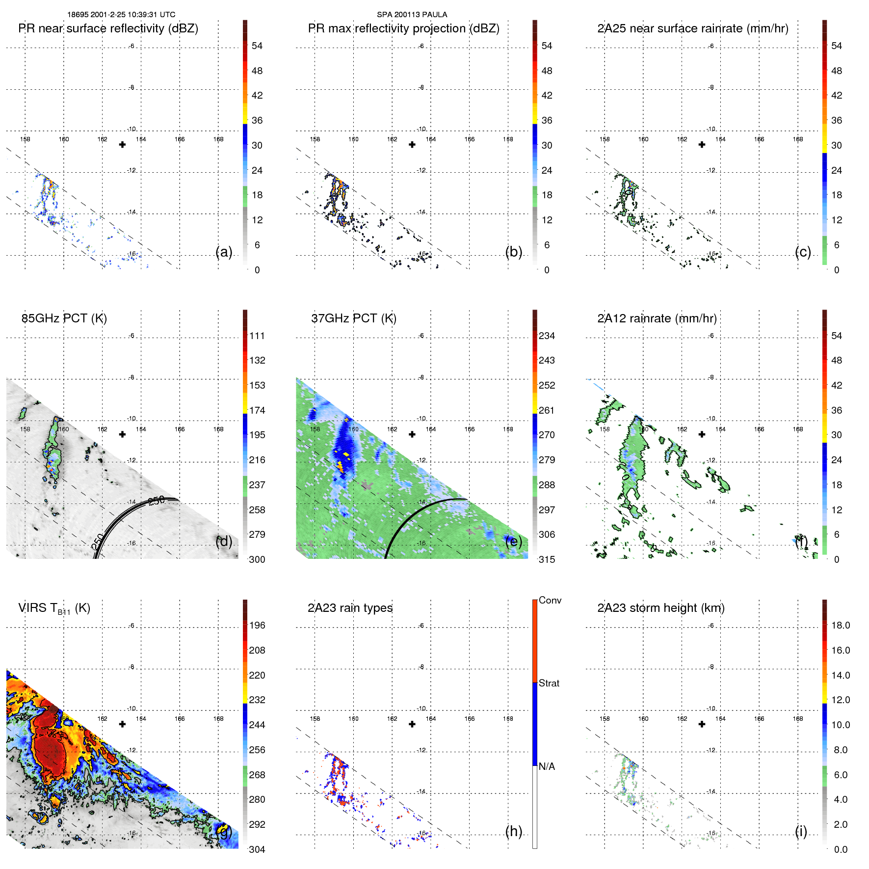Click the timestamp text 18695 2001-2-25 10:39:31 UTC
[121, 15]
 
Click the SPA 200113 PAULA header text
[412, 15]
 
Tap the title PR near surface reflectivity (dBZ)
[108, 28]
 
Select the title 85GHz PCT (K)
[64, 318]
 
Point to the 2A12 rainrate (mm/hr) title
[657, 318]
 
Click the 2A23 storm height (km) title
[660, 608]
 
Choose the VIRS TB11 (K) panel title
[54, 608]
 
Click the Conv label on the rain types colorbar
[550, 600]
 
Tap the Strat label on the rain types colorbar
[549, 683]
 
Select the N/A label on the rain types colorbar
[547, 766]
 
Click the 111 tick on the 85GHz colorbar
[257, 336]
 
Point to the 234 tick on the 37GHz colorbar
[547, 336]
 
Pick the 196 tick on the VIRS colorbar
[257, 625]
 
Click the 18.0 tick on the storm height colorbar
[840, 625]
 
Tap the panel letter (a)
[224, 252]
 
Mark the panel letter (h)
[513, 831]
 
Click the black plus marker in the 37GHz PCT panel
[412, 434]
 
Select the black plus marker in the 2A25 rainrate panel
[702, 145]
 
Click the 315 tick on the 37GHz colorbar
[547, 559]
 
